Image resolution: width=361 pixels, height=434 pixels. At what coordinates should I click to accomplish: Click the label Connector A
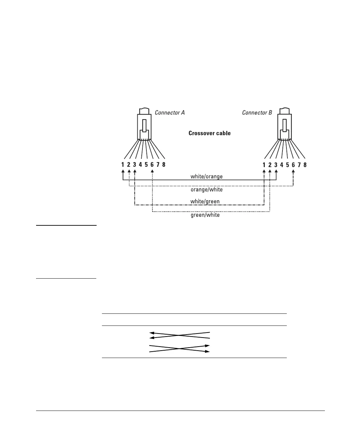[x=169, y=113]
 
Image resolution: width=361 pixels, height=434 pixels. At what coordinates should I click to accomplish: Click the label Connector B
[x=257, y=113]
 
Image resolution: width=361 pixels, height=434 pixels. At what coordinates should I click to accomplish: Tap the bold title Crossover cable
[x=210, y=133]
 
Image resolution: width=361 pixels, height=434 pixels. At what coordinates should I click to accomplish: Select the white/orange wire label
[x=207, y=176]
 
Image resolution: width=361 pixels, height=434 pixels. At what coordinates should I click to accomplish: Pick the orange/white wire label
[x=207, y=190]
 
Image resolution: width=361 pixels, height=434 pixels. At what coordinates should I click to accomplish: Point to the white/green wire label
[x=205, y=202]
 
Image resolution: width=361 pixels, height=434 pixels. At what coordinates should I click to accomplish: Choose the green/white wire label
[x=205, y=215]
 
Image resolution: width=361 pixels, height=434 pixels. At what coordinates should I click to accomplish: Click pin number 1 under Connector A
[x=123, y=165]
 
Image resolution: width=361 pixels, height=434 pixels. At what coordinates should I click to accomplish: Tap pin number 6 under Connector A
[x=152, y=165]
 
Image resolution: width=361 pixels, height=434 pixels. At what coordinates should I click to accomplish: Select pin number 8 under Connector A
[x=164, y=165]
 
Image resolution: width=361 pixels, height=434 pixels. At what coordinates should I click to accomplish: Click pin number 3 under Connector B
[x=276, y=165]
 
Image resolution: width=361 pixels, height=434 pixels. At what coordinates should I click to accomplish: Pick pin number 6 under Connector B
[x=293, y=165]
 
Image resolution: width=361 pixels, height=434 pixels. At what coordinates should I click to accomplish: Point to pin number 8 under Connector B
[x=305, y=165]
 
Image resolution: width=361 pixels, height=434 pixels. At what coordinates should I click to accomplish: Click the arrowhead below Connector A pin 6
[x=152, y=171]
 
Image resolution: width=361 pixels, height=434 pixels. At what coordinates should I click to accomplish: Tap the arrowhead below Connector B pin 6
[x=293, y=171]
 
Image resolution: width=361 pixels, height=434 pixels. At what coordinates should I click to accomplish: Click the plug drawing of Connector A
[x=144, y=126]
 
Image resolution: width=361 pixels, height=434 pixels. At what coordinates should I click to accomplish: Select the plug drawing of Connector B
[x=284, y=126]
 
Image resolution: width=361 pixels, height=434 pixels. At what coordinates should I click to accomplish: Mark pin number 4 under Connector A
[x=140, y=165]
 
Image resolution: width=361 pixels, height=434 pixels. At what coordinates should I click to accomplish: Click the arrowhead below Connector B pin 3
[x=276, y=171]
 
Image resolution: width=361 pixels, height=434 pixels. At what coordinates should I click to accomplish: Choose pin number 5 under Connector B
[x=287, y=165]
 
